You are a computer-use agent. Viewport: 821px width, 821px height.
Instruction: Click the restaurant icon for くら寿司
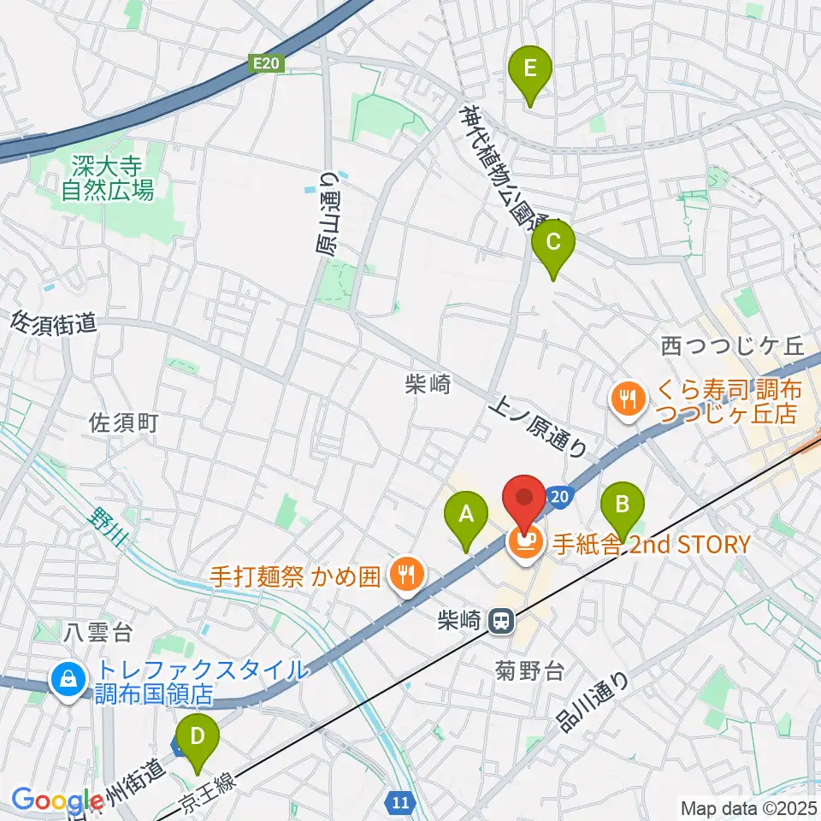point(629,396)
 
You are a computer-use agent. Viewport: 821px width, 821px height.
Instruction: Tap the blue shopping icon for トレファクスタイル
point(66,680)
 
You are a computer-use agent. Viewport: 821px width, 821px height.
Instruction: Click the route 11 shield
point(402,802)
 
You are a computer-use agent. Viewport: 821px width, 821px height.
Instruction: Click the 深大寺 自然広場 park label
point(108,179)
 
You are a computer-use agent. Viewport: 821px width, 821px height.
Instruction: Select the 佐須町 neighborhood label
point(124,422)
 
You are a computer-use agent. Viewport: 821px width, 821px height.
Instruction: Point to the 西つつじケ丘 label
point(734,346)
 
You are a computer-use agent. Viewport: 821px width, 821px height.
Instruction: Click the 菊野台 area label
point(529,670)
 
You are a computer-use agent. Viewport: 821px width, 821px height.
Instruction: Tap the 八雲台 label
point(99,634)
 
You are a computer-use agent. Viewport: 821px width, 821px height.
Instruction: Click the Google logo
point(51,800)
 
